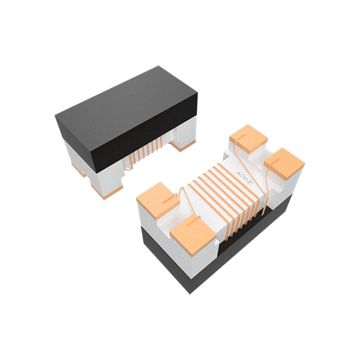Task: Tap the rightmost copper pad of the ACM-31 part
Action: pos(284,163)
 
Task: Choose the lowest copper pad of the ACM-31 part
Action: pos(193,235)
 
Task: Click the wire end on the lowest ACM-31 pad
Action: pos(193,222)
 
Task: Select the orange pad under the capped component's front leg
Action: pos(105,194)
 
